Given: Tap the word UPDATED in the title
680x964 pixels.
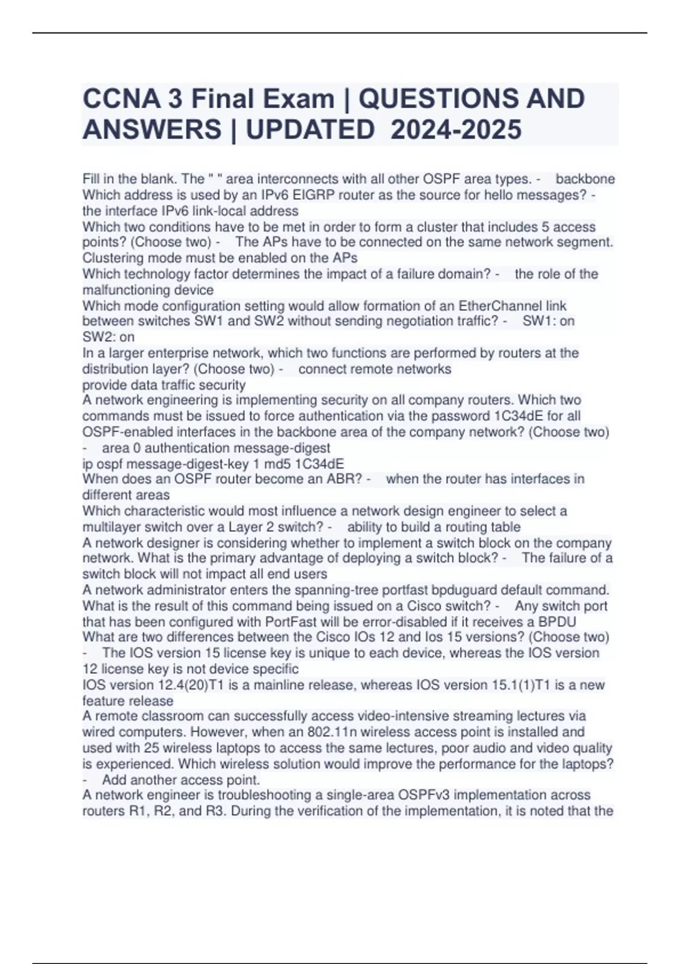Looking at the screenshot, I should point(309,129).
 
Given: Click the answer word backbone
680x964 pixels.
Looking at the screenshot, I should point(585,179).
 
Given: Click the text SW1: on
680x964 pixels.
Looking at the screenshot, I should point(548,321).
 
